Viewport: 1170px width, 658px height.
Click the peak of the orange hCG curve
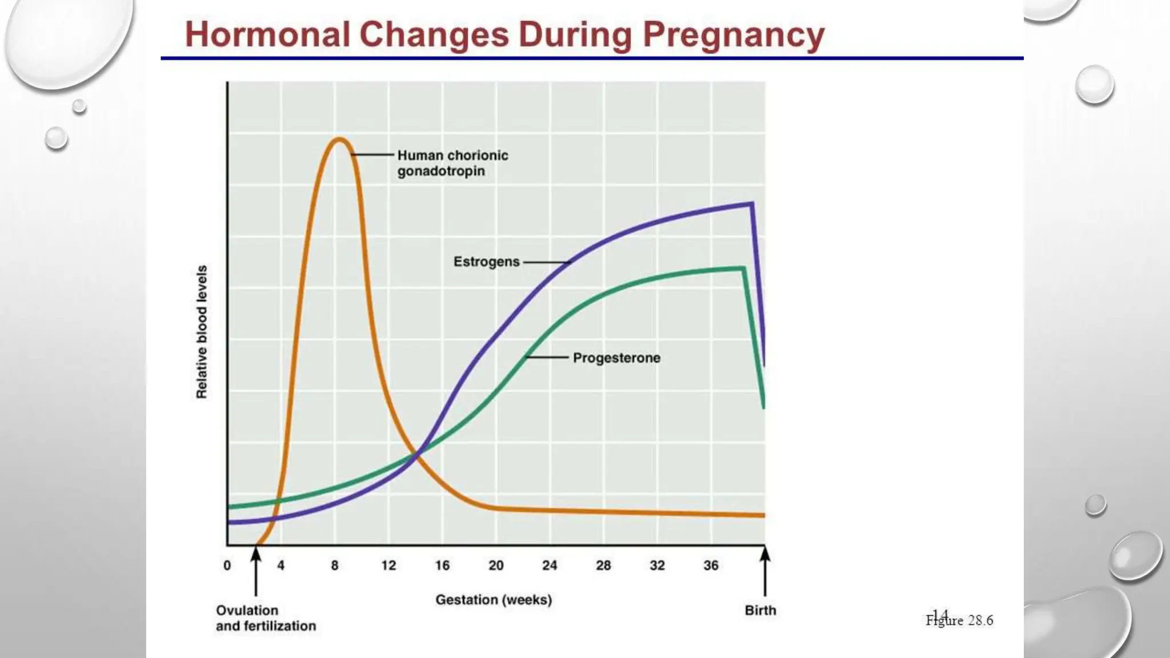click(x=339, y=139)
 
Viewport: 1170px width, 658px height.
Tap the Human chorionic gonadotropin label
click(x=452, y=163)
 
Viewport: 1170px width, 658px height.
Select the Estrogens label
click(x=486, y=262)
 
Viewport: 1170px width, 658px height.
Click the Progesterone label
click(x=616, y=358)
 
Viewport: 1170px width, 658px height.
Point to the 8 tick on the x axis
click(x=335, y=565)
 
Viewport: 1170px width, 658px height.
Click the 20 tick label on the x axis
click(x=496, y=565)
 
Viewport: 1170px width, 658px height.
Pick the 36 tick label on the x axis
click(x=711, y=565)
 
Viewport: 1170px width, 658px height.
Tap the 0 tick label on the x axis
click(x=227, y=565)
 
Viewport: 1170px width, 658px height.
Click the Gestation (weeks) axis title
click(x=494, y=600)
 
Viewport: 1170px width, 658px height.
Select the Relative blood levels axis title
click(x=202, y=331)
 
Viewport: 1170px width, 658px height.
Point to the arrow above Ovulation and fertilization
click(x=256, y=571)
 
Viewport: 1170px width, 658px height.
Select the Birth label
click(x=760, y=610)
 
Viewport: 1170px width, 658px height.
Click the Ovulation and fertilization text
click(x=266, y=618)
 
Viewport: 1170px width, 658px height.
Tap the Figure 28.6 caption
click(x=960, y=620)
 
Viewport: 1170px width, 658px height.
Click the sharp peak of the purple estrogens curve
click(x=751, y=203)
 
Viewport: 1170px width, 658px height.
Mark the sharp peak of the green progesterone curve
click(x=743, y=268)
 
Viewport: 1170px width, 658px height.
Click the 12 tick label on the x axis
click(x=388, y=565)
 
